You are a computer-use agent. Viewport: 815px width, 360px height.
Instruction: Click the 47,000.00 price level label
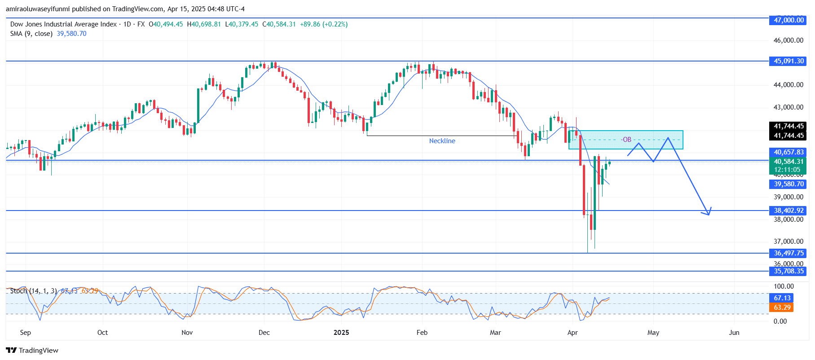tap(788, 20)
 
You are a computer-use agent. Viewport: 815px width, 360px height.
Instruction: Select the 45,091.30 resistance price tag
tap(788, 61)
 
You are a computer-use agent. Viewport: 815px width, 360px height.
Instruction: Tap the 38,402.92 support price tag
tap(788, 211)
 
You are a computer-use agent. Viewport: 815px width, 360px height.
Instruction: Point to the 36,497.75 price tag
tap(788, 253)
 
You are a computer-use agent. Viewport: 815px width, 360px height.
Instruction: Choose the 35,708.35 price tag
tap(788, 271)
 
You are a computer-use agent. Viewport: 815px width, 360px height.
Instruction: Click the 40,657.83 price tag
tap(788, 152)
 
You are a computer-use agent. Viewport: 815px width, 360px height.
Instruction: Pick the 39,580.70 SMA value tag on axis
tap(788, 184)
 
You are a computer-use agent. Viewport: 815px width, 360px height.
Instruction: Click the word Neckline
tap(442, 141)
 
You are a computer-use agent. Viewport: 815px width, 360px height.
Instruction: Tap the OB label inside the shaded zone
tap(627, 140)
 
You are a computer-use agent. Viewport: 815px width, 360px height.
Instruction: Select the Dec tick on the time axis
tap(264, 333)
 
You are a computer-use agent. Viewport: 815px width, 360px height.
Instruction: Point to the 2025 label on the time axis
tap(341, 333)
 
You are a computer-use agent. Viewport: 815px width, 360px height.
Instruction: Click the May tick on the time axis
tap(653, 333)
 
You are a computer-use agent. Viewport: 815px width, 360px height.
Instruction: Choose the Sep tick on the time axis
tap(26, 333)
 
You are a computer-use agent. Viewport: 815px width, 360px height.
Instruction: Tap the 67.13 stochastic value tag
tap(782, 298)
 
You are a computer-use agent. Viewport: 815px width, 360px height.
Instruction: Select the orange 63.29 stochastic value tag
tap(782, 307)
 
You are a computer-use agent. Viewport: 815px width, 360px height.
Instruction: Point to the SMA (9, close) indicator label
tap(31, 34)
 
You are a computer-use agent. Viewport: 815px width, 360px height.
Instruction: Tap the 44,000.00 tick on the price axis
tap(788, 85)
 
